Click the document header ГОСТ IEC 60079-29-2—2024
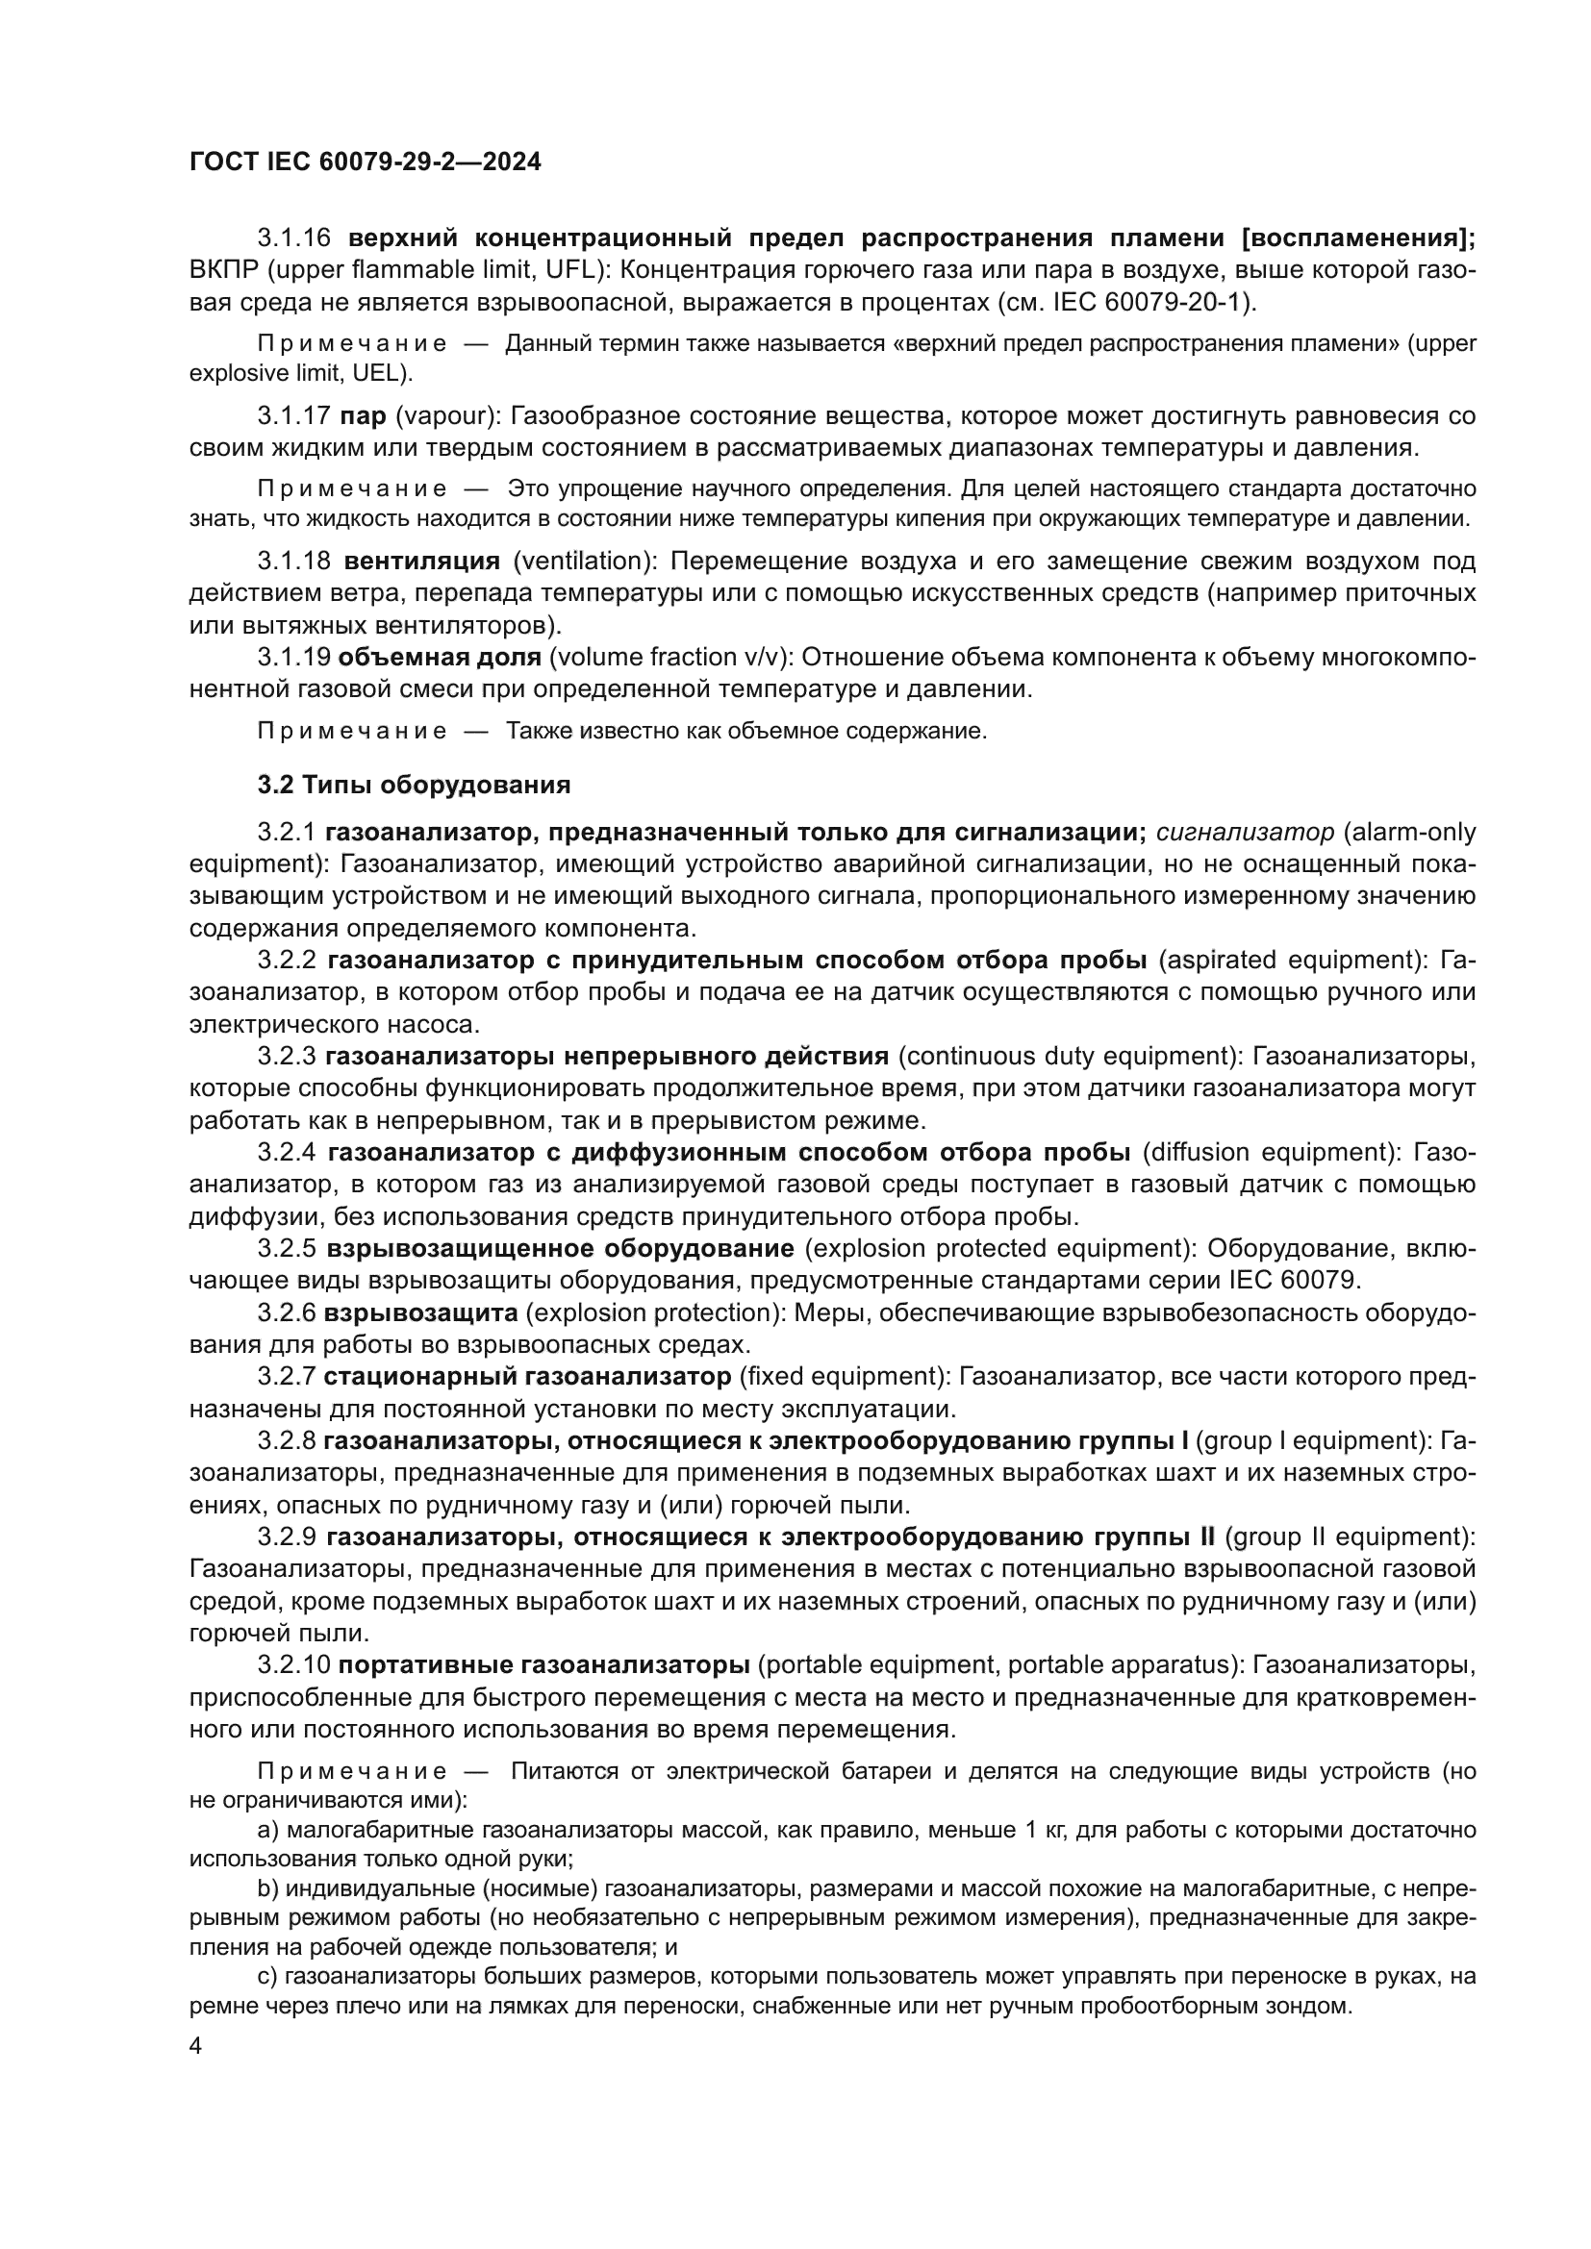click(x=365, y=162)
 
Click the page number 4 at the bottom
click(x=195, y=2046)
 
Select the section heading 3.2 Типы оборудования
click(x=414, y=785)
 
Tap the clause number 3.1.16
click(x=294, y=238)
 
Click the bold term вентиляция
click(x=422, y=561)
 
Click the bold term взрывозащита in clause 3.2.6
click(x=420, y=1312)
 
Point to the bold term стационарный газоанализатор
click(x=527, y=1376)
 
